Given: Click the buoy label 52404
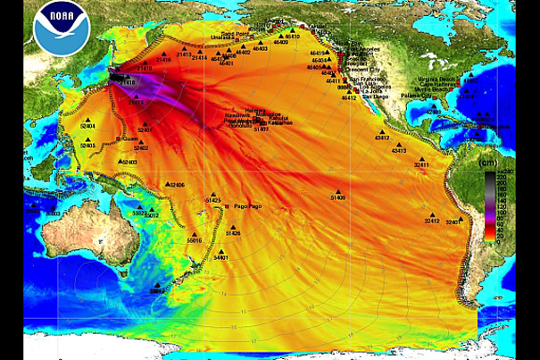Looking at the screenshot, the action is click(87, 127).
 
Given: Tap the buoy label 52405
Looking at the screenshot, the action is click(87, 146).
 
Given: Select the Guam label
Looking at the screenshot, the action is click(129, 138).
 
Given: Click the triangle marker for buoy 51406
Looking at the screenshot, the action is click(337, 190).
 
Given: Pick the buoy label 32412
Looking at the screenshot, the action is click(432, 222).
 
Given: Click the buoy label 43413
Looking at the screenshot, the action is click(399, 151).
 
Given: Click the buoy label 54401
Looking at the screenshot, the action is click(221, 258).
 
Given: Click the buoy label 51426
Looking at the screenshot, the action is click(233, 234).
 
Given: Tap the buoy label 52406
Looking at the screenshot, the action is click(176, 185).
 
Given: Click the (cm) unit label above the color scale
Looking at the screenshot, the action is click(489, 163).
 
